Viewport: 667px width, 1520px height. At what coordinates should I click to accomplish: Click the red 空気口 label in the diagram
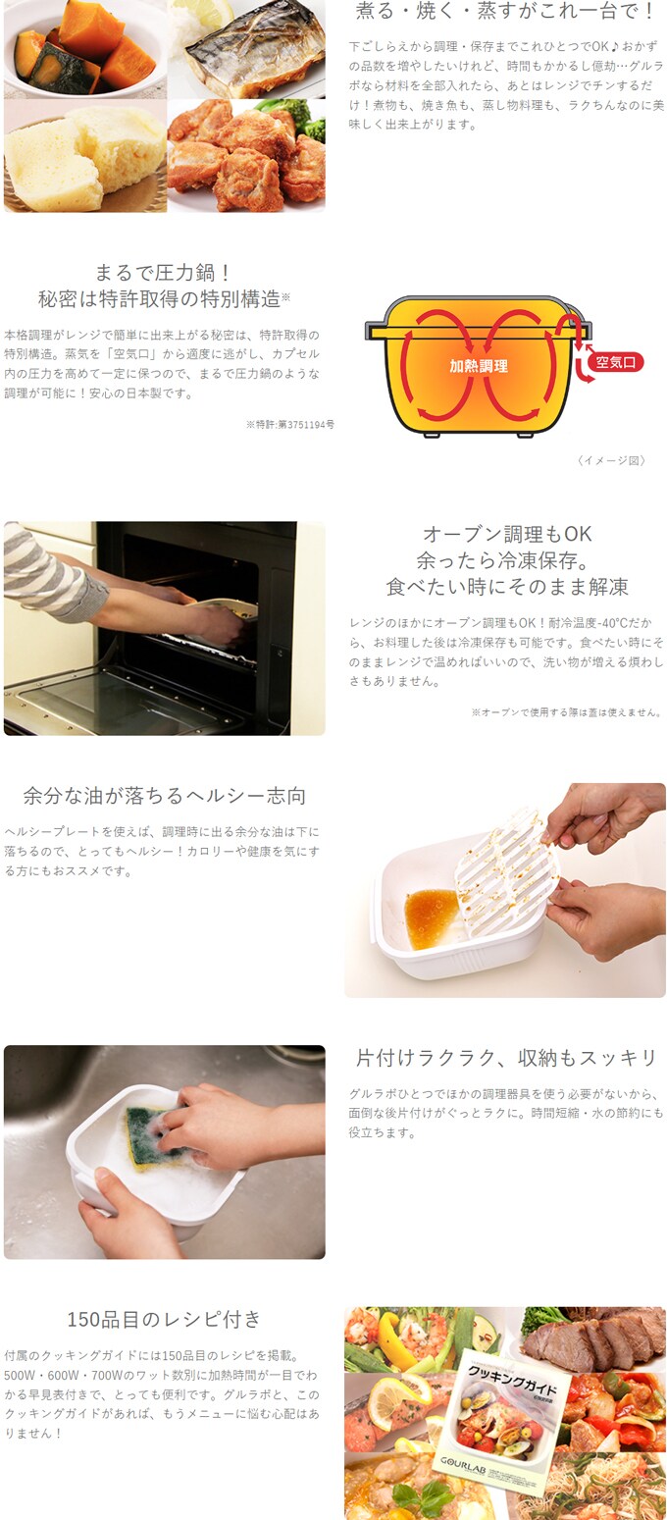(x=615, y=362)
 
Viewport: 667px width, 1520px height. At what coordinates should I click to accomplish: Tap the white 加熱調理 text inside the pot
(x=479, y=366)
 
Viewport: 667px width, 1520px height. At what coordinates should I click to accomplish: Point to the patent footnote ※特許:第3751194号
(x=290, y=425)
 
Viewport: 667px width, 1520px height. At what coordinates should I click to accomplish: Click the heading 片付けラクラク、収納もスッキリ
(x=506, y=1057)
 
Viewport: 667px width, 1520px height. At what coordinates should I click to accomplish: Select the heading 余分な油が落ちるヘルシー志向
(x=164, y=795)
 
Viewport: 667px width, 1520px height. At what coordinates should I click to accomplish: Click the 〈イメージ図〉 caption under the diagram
(x=611, y=461)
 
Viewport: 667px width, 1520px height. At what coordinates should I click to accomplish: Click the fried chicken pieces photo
(x=247, y=156)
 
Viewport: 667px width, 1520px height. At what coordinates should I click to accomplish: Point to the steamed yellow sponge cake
(x=84, y=157)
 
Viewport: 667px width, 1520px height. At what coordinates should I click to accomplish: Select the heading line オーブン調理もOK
(x=507, y=534)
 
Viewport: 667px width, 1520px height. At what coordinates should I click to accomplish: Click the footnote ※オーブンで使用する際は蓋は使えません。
(x=567, y=712)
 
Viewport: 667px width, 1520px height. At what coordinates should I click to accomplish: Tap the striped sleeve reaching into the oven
(x=47, y=572)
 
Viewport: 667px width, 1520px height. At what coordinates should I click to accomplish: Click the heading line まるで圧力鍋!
(x=164, y=273)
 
